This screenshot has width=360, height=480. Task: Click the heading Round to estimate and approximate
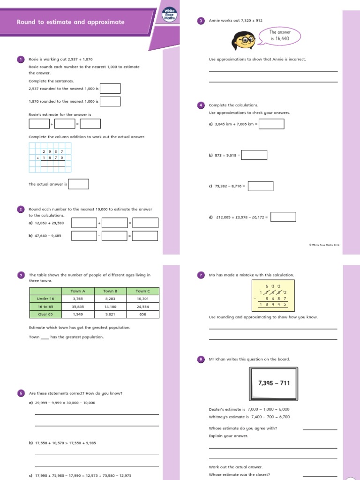(71, 22)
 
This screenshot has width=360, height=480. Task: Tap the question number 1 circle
(21, 59)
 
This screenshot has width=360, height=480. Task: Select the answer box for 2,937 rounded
(110, 88)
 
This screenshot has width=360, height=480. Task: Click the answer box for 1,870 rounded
(110, 101)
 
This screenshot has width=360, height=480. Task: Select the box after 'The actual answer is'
(79, 184)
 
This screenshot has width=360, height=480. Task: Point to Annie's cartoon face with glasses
(245, 41)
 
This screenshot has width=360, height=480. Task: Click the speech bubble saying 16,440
(280, 36)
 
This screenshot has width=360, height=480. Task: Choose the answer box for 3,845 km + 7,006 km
(271, 124)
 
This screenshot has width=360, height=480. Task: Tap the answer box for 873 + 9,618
(255, 155)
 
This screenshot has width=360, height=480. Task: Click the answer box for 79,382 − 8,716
(261, 186)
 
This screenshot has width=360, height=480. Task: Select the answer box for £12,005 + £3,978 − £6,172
(284, 217)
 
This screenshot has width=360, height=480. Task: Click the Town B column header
(110, 291)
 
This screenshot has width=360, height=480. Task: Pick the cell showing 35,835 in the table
(78, 307)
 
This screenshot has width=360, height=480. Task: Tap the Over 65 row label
(45, 314)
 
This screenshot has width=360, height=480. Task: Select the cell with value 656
(143, 314)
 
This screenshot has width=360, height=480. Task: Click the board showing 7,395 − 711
(274, 383)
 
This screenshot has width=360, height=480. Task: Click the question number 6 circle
(21, 393)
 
